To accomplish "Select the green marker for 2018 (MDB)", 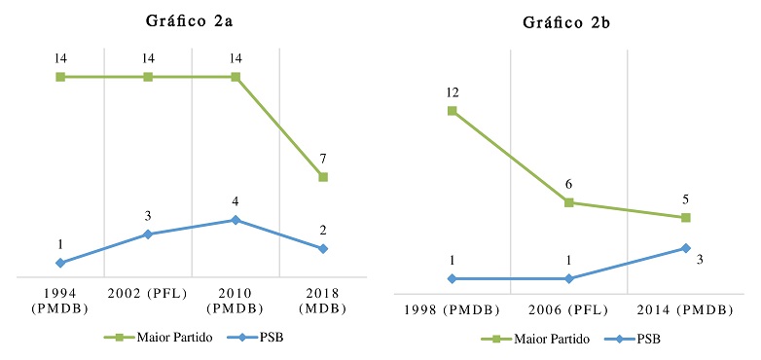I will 322,177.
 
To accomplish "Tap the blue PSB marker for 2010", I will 235,220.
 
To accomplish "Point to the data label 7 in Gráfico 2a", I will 322,158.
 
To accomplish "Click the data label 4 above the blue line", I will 235,201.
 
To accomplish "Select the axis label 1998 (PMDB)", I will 453,309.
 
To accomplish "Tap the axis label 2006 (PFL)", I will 569,309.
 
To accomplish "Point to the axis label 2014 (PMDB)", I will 686,309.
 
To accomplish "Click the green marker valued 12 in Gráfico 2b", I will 453,111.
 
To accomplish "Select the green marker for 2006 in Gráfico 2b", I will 569,202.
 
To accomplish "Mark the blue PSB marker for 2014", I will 686,248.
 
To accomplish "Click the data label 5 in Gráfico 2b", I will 686,199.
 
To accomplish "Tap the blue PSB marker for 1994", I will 60,263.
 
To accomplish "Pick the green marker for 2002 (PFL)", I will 148,76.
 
